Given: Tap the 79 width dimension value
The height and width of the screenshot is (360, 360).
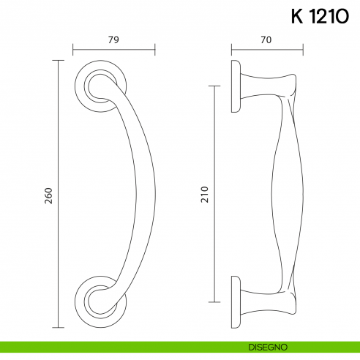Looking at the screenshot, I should click(113, 40).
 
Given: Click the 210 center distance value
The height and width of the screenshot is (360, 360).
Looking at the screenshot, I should click(205, 195).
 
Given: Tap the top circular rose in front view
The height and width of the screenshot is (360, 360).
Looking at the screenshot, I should click(95, 87).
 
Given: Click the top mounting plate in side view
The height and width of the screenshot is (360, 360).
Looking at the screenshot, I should click(236, 86).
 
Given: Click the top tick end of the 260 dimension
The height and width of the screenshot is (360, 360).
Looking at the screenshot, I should click(58, 60).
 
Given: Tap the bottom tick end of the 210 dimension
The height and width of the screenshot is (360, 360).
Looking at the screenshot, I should click(214, 301).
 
